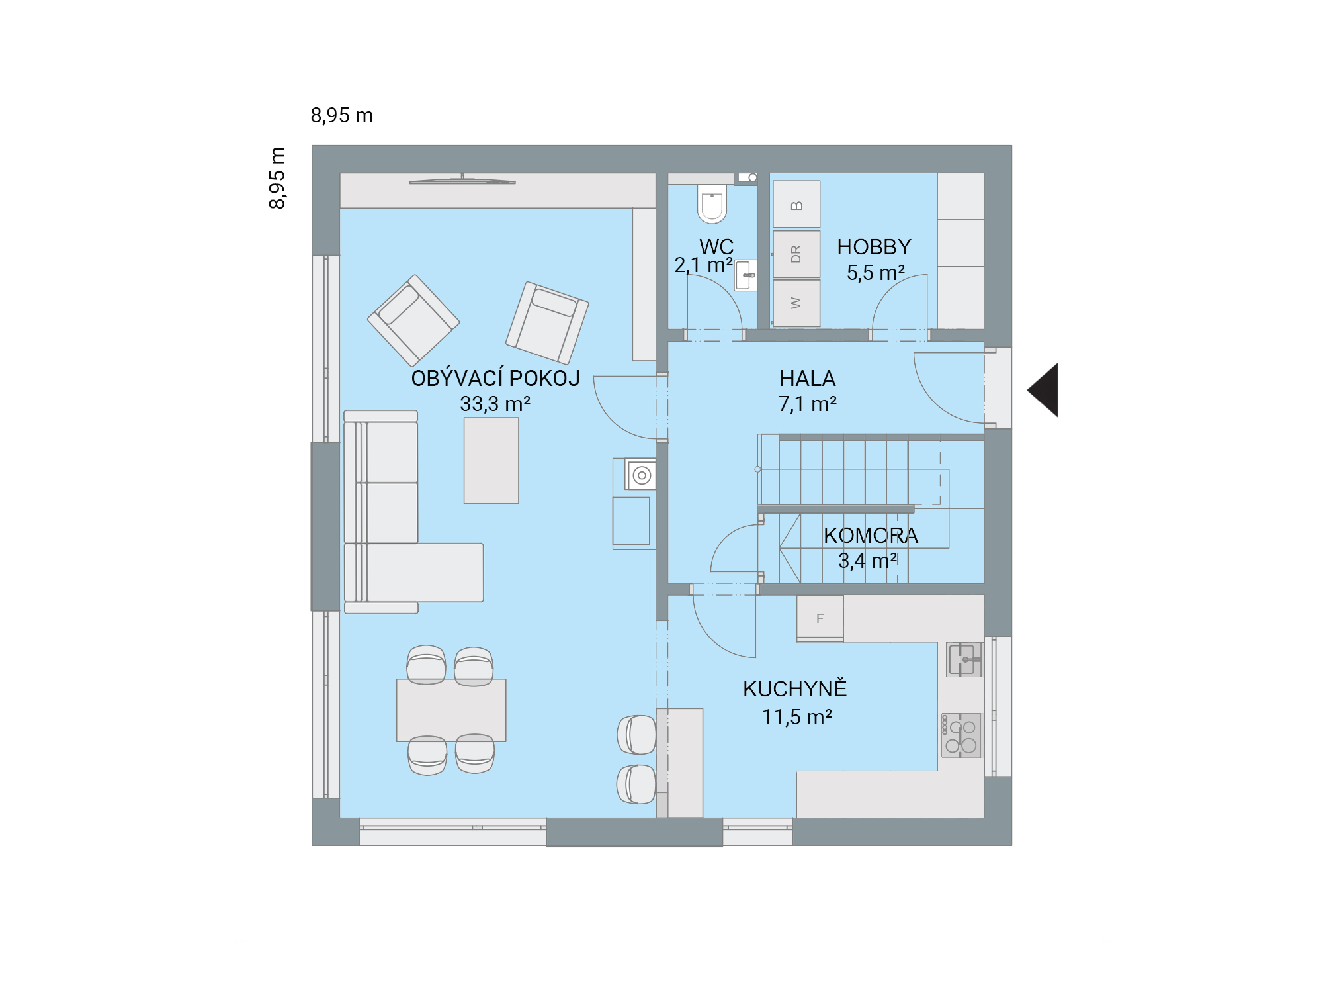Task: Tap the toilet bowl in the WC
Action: click(712, 204)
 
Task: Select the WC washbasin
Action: click(746, 275)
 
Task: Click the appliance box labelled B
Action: click(796, 205)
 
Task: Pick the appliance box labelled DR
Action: click(796, 254)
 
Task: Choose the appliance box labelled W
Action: click(796, 303)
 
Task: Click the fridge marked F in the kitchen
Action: click(820, 618)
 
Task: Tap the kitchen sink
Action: click(964, 659)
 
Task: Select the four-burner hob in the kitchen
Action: click(961, 735)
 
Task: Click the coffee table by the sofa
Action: click(491, 461)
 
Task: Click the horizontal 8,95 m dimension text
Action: click(342, 115)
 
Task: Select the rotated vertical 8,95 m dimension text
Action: click(277, 178)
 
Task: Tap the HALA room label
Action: click(808, 378)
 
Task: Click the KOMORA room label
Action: click(871, 535)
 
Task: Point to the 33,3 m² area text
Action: click(495, 403)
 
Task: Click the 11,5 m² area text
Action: click(797, 716)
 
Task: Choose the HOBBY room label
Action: click(875, 247)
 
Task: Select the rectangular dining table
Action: click(451, 710)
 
